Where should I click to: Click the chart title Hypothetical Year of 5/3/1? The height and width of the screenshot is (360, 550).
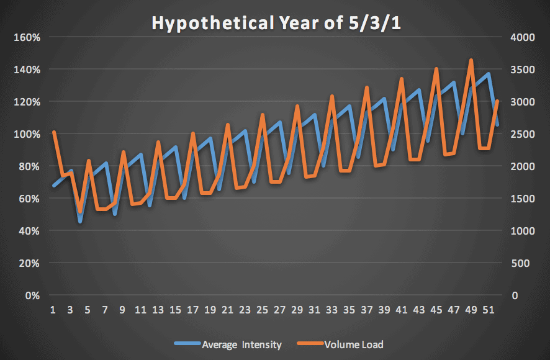pyautogui.click(x=275, y=24)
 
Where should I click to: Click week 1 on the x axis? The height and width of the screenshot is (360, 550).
pyautogui.click(x=54, y=310)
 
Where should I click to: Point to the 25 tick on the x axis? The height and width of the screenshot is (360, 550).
pyautogui.click(x=263, y=310)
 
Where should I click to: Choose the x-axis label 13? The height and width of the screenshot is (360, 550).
pyautogui.click(x=158, y=310)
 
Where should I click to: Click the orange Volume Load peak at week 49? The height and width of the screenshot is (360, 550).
pyautogui.click(x=471, y=60)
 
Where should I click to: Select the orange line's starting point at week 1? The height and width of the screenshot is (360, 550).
pyautogui.click(x=54, y=132)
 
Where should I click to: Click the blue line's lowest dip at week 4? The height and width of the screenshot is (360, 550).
pyautogui.click(x=80, y=221)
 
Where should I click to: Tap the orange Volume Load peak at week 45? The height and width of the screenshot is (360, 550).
pyautogui.click(x=436, y=69)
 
